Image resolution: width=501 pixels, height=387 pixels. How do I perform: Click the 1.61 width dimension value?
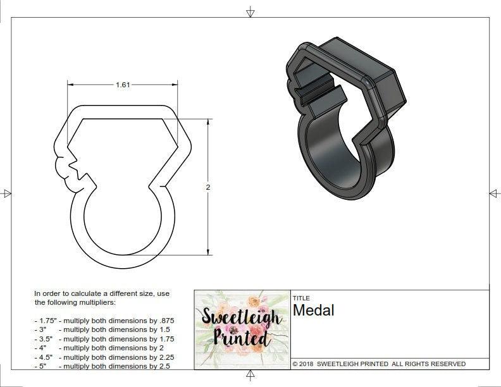click(x=123, y=85)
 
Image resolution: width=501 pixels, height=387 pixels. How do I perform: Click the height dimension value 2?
click(x=207, y=187)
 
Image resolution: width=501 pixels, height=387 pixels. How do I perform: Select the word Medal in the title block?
click(x=313, y=310)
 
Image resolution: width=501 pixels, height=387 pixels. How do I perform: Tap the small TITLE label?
click(x=300, y=298)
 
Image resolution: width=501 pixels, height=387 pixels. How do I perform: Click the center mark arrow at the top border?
click(x=250, y=12)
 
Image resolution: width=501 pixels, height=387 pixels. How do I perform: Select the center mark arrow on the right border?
click(x=493, y=193)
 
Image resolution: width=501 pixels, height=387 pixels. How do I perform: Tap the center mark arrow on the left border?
click(x=7, y=193)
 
